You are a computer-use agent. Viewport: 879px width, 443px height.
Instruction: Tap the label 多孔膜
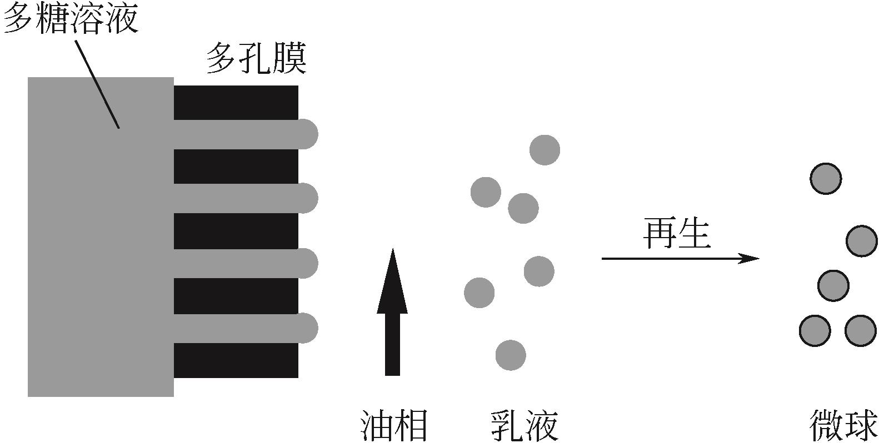pyautogui.click(x=256, y=60)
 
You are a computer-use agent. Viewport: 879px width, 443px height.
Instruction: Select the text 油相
pyautogui.click(x=394, y=426)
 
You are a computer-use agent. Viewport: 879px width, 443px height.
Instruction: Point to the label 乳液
pyautogui.click(x=524, y=426)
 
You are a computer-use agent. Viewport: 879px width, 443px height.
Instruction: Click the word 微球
pyautogui.click(x=843, y=426)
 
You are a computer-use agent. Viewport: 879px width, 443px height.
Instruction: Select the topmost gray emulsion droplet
pyautogui.click(x=545, y=150)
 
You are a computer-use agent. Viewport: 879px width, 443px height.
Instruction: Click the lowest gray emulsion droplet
pyautogui.click(x=511, y=355)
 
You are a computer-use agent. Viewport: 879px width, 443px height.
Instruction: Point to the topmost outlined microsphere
pyautogui.click(x=826, y=179)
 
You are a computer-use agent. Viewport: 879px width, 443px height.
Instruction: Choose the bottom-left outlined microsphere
pyautogui.click(x=815, y=330)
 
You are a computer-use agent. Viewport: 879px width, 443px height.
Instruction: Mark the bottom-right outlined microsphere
pyautogui.click(x=860, y=330)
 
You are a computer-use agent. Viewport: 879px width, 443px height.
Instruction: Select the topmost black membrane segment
pyautogui.click(x=236, y=102)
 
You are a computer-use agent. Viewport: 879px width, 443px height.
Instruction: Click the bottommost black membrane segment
pyautogui.click(x=236, y=360)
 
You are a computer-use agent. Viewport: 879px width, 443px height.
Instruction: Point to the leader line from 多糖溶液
pyautogui.click(x=97, y=83)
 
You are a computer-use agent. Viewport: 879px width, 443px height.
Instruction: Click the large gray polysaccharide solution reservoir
pyautogui.click(x=100, y=250)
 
